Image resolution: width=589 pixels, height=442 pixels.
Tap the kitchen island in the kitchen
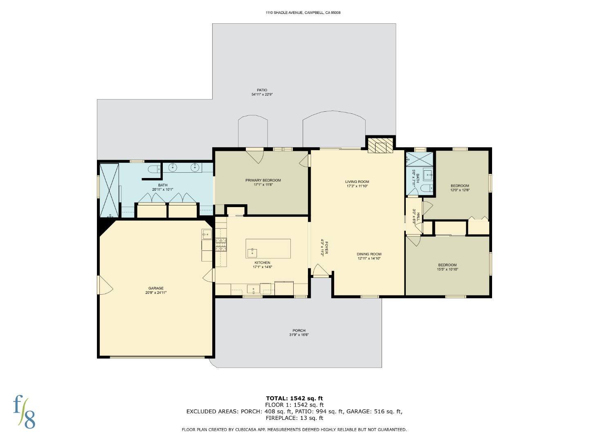pos(268,248)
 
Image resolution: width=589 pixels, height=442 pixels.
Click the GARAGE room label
pos(156,290)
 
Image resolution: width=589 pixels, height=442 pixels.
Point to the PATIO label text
pos(262,92)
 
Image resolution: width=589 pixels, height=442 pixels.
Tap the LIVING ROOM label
pos(357,184)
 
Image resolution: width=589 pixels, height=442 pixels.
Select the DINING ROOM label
pos(369,256)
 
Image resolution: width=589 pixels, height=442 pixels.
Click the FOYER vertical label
pos(324,248)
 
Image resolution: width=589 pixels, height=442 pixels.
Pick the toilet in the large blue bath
pos(155,169)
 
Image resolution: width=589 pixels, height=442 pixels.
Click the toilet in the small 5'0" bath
pos(426,188)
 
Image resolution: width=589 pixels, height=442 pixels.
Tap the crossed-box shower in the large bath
pos(109,190)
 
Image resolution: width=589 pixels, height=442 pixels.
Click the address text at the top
pos(303,13)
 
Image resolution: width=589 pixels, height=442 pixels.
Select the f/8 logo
pos(24,411)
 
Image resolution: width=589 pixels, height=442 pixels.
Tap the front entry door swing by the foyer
pos(320,271)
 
